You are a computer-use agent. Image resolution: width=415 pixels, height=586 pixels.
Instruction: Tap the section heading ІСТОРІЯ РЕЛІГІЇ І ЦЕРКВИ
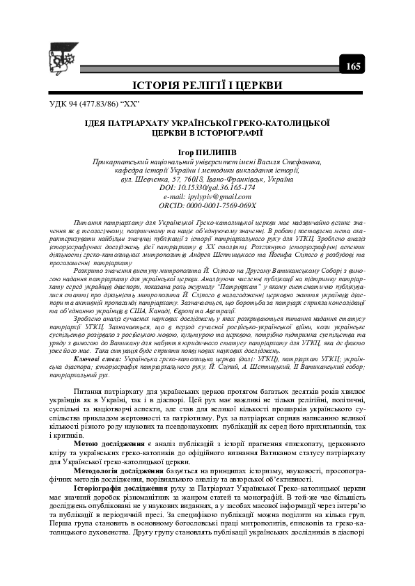(x=207, y=86)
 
